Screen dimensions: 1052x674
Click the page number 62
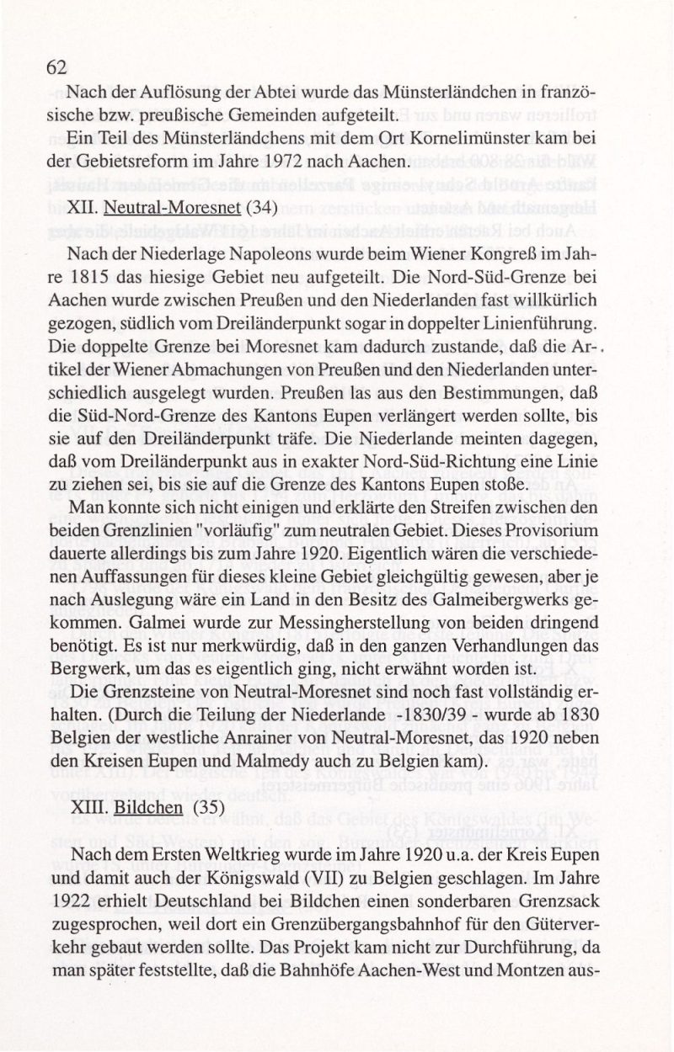tap(56, 68)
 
